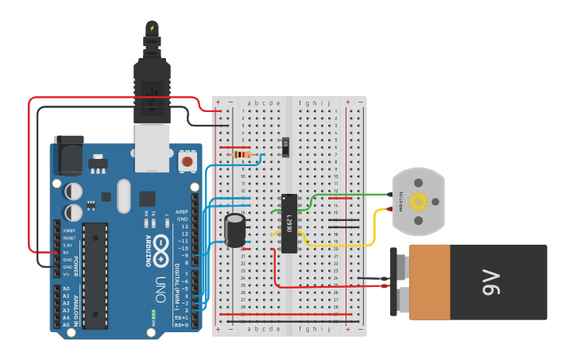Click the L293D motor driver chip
pos(288,223)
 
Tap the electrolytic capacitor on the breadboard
pos(235,230)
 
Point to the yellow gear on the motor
pos(419,202)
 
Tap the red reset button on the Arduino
pos(188,161)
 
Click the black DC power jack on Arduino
pos(68,155)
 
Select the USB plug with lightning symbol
pos(152,72)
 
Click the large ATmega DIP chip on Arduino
pos(95,275)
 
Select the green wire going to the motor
pos(350,194)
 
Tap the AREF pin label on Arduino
pos(183,212)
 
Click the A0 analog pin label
pos(66,288)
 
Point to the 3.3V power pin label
pos(67,246)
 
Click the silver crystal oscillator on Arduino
pos(122,195)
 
